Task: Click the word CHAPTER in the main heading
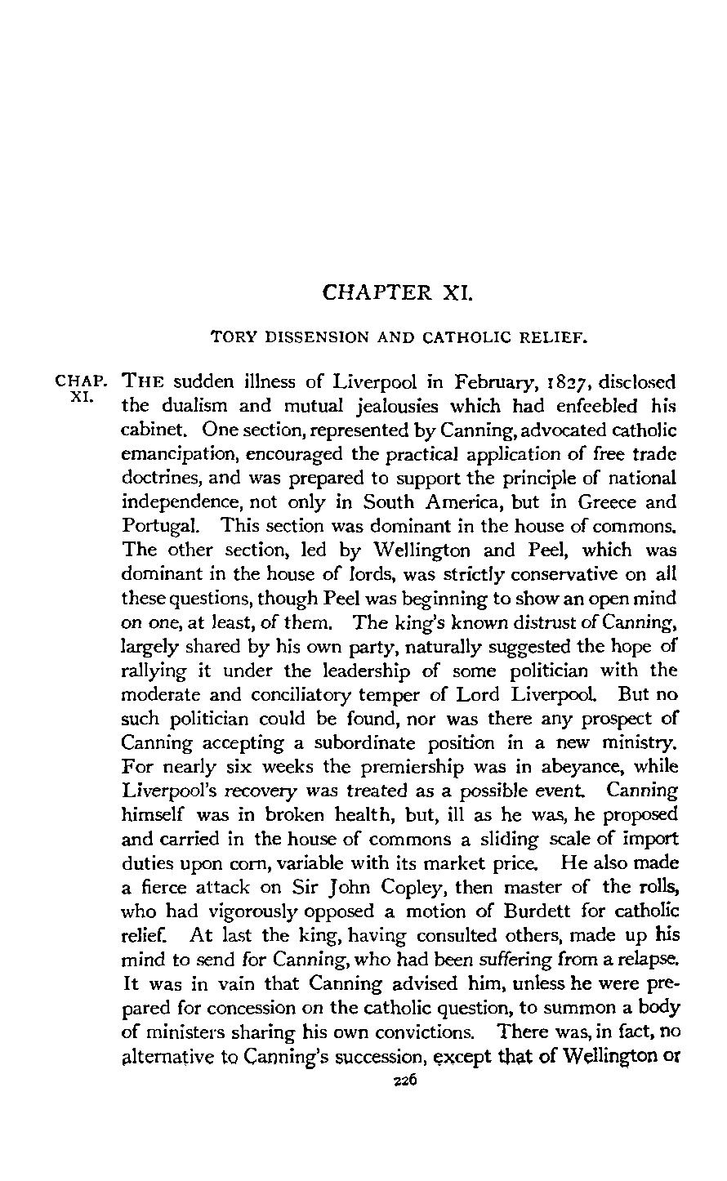[x=377, y=292]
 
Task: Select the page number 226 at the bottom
[x=406, y=1149]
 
